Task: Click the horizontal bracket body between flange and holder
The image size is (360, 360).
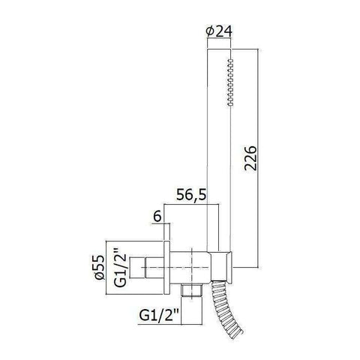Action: click(192, 264)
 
